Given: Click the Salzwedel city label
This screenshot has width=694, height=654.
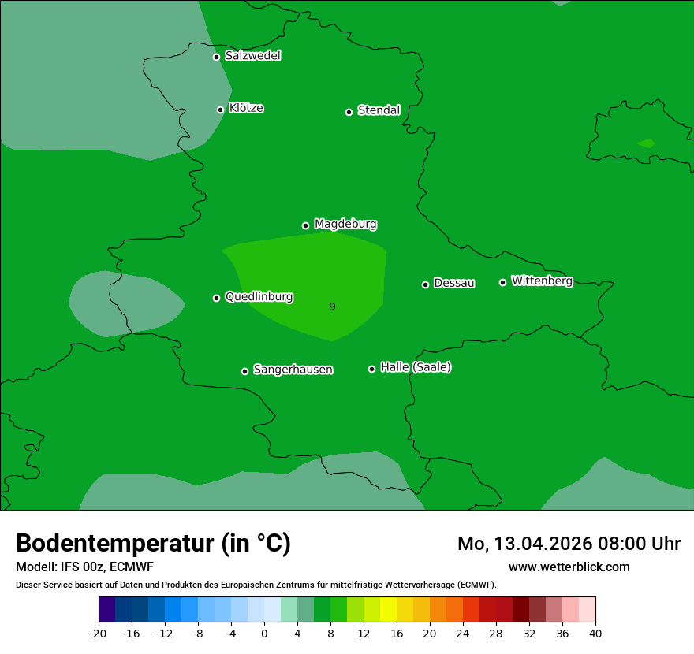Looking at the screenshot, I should (252, 56).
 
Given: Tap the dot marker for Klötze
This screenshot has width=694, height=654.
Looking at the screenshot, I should (220, 110).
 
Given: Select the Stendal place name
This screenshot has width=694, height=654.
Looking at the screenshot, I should (379, 110).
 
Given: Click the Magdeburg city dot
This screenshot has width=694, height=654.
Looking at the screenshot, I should (305, 225).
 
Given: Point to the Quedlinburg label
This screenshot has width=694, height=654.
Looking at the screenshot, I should (259, 297).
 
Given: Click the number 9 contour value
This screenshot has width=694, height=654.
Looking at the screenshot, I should (332, 307).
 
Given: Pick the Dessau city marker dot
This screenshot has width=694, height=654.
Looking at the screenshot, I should (425, 284).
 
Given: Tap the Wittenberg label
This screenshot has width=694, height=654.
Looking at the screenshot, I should (542, 281).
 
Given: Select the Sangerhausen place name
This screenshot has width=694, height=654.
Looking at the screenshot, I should (293, 370).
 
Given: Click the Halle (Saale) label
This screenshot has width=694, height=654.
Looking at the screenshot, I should (416, 367).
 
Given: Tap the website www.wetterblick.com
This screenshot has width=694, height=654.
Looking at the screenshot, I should (569, 567).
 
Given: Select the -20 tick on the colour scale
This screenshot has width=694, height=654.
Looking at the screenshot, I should (99, 633).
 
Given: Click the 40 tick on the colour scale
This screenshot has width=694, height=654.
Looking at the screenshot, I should (595, 633).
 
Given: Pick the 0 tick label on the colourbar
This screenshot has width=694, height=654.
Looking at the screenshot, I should (264, 633).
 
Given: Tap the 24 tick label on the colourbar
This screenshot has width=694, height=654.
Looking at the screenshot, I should (463, 633).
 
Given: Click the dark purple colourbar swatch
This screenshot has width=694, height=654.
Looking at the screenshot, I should (106, 610).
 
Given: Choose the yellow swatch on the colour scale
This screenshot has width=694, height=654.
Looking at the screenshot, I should (388, 610).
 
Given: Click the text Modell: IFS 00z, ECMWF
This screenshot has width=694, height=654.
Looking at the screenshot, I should (84, 567).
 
